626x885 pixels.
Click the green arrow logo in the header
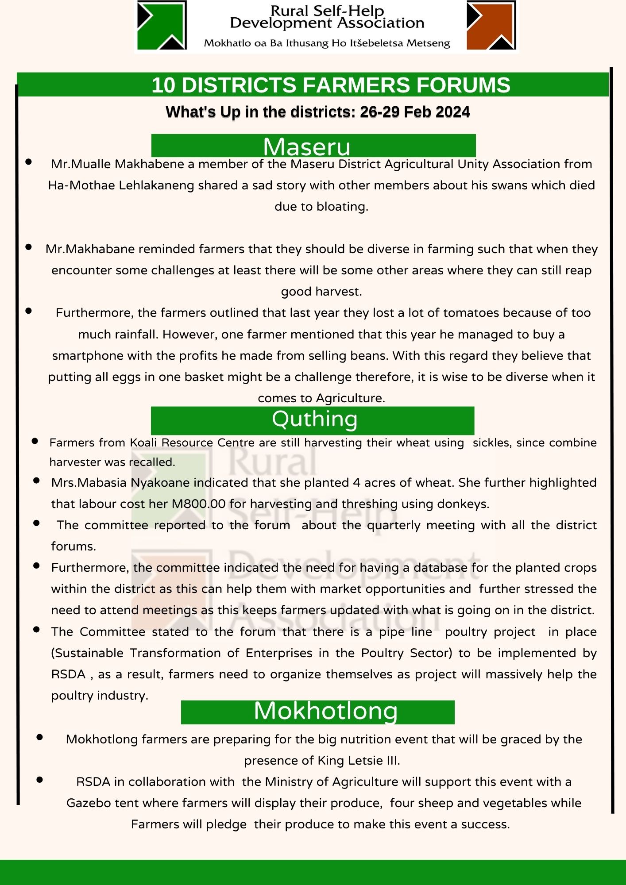point(162,25)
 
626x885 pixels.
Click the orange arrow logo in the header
point(491,25)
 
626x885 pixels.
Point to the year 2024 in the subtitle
point(452,112)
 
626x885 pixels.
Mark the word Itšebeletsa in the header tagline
point(376,43)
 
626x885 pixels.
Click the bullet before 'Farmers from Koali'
point(35,441)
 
